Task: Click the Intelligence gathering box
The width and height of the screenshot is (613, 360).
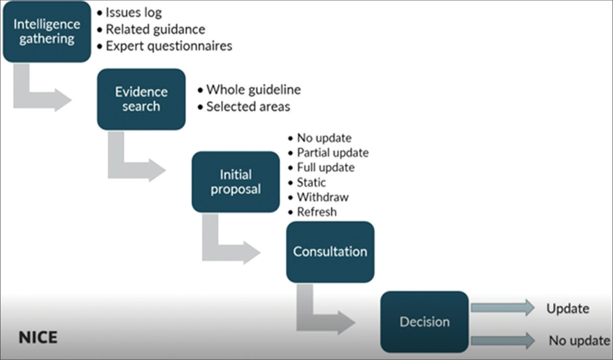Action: tap(47, 32)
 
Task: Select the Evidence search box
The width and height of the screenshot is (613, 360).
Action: tap(141, 99)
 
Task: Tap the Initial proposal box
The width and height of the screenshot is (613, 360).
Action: tap(236, 182)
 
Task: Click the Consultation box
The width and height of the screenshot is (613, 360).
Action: tap(330, 252)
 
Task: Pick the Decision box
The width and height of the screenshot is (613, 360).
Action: tap(424, 322)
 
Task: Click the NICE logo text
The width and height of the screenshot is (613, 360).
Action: tap(38, 337)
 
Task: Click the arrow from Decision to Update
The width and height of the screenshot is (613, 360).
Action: tap(502, 308)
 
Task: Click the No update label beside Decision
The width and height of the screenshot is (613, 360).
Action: tap(579, 341)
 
